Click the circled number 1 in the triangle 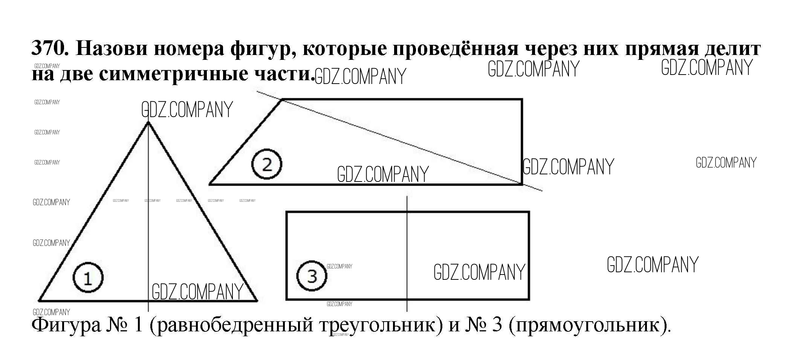[88, 278]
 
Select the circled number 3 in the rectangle [312, 276]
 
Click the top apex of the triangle [148, 122]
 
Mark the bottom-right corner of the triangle [257, 301]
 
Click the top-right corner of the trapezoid [522, 99]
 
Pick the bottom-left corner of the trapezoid [210, 184]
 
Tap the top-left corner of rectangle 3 [287, 212]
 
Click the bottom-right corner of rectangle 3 [529, 299]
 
